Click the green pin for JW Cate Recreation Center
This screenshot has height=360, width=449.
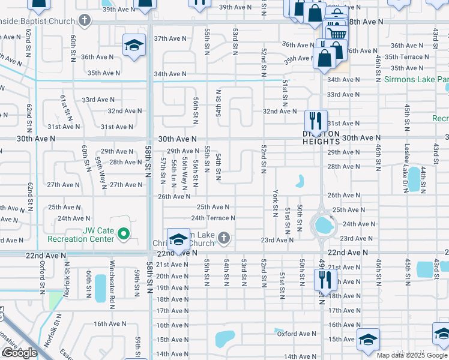(x=124, y=233)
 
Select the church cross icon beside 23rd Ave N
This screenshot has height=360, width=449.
(x=224, y=239)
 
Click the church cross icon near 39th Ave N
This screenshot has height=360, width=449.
(x=85, y=20)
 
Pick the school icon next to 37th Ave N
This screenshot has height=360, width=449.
(x=134, y=45)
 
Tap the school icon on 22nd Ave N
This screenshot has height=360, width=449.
(x=178, y=239)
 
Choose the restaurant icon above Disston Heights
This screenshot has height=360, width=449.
(x=316, y=119)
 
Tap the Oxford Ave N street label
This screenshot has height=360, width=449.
(x=297, y=334)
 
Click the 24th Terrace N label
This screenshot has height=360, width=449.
(x=213, y=218)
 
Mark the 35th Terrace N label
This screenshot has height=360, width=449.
(x=407, y=57)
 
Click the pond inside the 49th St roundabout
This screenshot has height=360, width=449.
(x=324, y=226)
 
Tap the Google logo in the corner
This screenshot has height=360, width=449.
(x=20, y=353)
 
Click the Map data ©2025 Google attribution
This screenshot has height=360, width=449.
(x=412, y=355)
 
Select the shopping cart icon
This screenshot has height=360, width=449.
(x=336, y=33)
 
